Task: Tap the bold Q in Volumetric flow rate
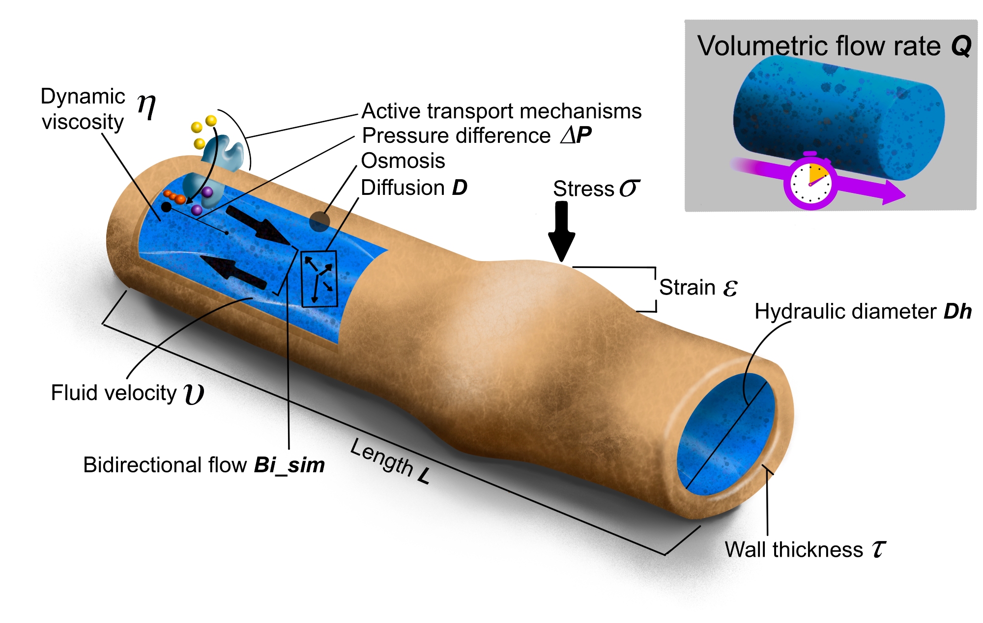961,47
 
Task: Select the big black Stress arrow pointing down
561,231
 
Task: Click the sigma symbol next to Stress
629,188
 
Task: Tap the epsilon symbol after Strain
730,288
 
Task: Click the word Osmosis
403,161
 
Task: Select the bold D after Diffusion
460,188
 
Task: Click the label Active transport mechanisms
501,111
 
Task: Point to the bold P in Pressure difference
584,135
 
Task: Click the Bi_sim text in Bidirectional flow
289,465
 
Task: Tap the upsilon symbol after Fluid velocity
194,394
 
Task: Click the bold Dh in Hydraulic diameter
957,312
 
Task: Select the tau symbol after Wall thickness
879,549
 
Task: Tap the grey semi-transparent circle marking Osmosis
319,221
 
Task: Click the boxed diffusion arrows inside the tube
319,279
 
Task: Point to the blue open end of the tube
725,434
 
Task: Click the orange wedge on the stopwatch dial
818,173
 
